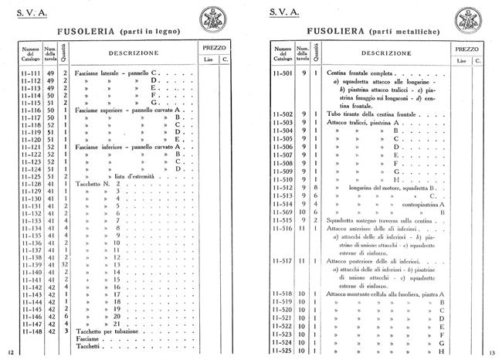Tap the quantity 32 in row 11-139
[x=66, y=264]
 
